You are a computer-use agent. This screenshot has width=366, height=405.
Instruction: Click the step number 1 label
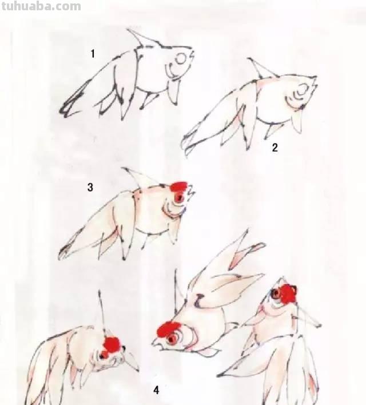point(93,54)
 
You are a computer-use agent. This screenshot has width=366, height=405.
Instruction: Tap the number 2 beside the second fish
point(274,148)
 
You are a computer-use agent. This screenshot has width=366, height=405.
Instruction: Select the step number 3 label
point(90,187)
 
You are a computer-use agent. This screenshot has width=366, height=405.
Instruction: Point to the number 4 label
point(156,390)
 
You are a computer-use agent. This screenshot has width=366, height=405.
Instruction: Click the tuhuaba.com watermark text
point(41,7)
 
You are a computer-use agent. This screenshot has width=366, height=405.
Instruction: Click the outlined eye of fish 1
point(181,58)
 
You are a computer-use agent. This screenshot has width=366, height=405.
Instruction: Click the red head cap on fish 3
point(180,186)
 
